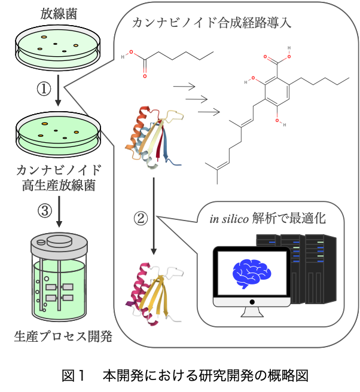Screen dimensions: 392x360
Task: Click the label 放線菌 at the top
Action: [57, 12]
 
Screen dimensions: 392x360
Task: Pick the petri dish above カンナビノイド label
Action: [59, 133]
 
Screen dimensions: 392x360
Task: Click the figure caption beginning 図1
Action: [179, 376]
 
